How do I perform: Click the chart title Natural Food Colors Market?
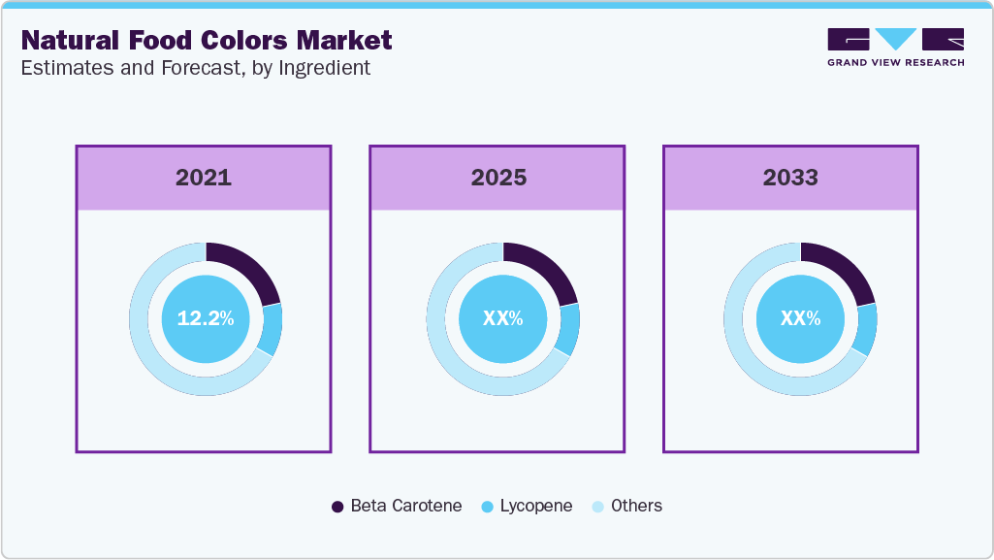click(207, 41)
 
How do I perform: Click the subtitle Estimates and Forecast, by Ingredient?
click(195, 68)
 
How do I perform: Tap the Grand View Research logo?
click(895, 47)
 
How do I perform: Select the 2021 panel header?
click(204, 178)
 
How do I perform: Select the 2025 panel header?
click(497, 178)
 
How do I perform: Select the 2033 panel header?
click(790, 178)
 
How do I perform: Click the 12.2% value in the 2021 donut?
click(206, 318)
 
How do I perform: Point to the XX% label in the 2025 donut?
click(503, 318)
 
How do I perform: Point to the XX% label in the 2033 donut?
click(801, 318)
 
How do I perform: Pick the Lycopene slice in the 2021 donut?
click(272, 329)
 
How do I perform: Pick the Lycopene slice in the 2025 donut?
click(569, 329)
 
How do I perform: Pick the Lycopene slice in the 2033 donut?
click(867, 329)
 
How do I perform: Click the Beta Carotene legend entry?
click(397, 506)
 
